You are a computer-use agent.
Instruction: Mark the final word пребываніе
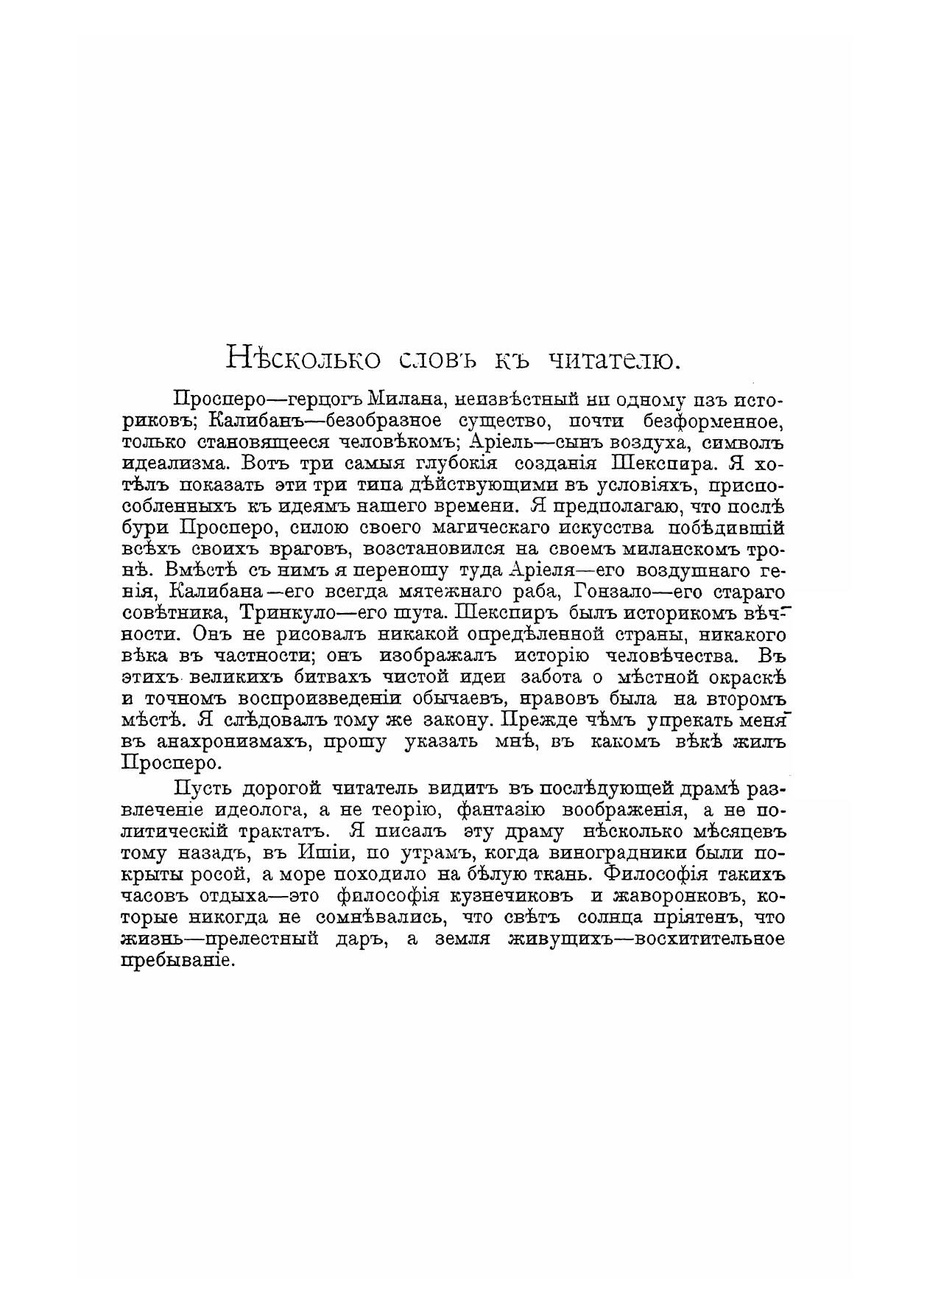[177, 961]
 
